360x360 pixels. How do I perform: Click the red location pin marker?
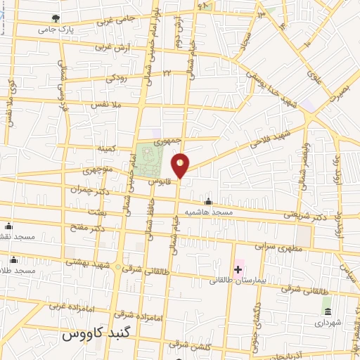(x=181, y=165)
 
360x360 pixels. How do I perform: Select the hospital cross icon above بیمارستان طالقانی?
(x=238, y=269)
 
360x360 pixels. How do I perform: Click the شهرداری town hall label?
(x=327, y=323)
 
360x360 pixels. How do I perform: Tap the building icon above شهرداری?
(x=326, y=311)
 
